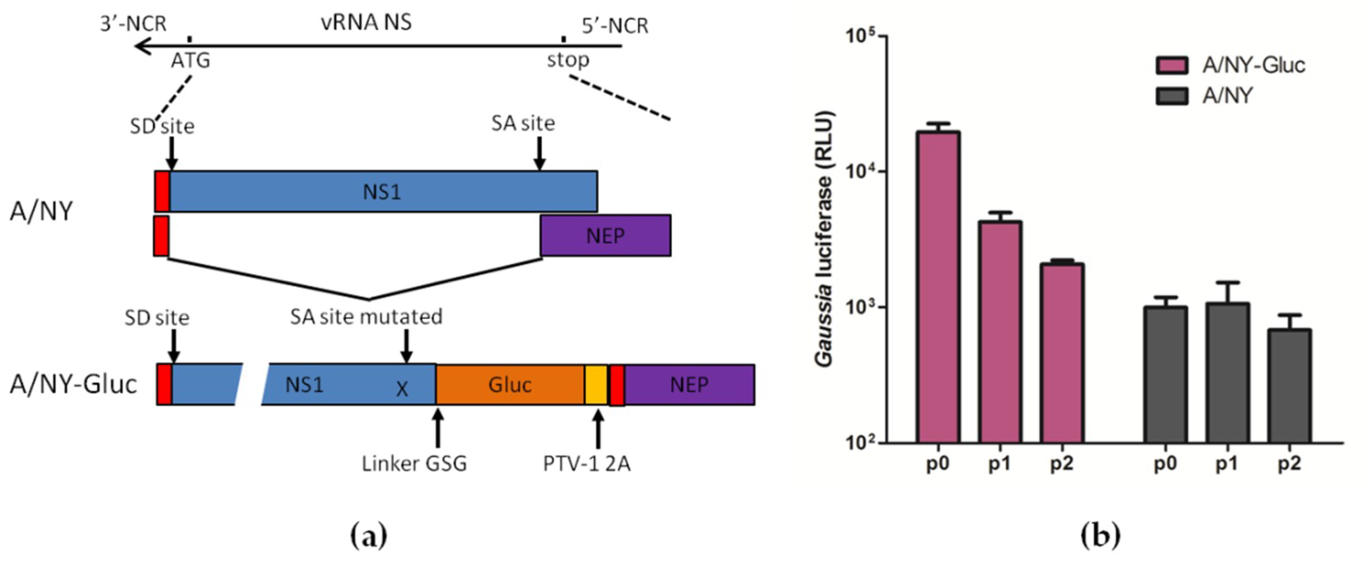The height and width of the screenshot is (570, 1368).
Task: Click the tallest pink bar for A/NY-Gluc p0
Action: tap(938, 286)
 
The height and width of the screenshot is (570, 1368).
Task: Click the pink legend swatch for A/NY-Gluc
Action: tap(1171, 66)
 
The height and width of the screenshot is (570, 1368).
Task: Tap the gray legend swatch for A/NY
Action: tap(1171, 96)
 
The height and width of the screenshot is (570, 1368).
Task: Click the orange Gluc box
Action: tap(510, 385)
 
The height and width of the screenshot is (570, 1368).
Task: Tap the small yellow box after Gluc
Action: tap(596, 385)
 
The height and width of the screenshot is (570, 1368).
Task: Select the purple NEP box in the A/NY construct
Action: tap(605, 235)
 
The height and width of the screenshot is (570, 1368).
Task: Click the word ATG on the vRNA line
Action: tap(190, 60)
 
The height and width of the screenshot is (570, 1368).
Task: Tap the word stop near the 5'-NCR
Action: tap(568, 60)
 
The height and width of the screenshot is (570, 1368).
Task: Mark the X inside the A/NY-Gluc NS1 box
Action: tap(402, 389)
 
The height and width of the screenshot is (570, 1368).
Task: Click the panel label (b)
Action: tap(1100, 536)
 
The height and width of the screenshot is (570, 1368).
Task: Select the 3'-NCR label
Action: tap(133, 24)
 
